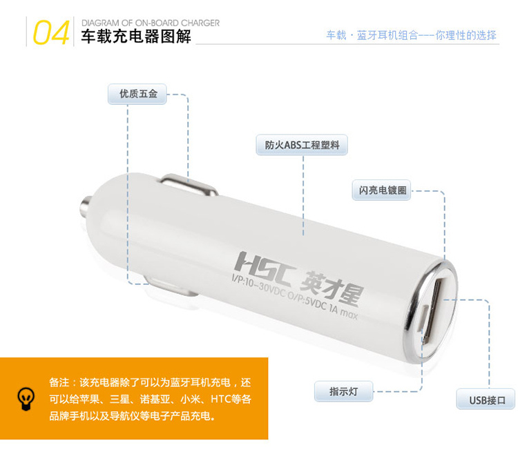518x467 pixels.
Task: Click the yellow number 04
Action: pos(51,32)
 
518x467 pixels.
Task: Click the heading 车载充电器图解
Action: pos(136,37)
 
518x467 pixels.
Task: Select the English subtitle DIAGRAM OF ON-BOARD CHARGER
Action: pos(151,23)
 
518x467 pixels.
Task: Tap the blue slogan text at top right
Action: pos(412,35)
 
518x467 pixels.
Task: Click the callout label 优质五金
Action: pos(137,94)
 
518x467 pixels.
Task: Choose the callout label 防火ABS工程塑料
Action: pos(302,145)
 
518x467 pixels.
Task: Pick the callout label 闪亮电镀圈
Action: pos(381,190)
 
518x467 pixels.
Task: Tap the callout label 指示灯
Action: pos(343,391)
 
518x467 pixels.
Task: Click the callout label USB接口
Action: pos(486,399)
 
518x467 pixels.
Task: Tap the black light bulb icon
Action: pos(26,399)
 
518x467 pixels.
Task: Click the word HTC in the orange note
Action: pos(221,399)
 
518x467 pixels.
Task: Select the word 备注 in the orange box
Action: pos(59,383)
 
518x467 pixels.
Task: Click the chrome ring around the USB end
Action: pos(409,317)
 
